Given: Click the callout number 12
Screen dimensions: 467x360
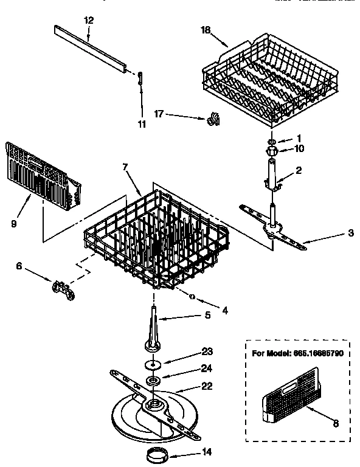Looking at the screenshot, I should point(89,21).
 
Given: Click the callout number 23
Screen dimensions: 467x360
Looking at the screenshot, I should point(207,351).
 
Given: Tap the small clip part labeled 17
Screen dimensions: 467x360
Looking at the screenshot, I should point(213,119).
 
